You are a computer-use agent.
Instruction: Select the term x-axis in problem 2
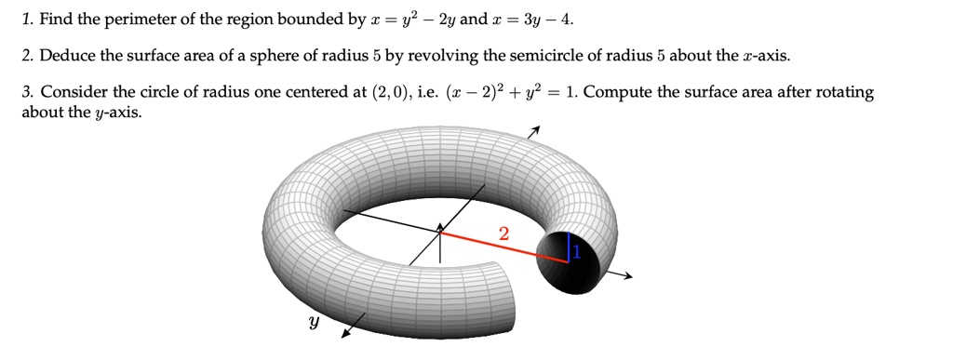[765, 56]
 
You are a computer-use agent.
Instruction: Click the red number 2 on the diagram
[503, 233]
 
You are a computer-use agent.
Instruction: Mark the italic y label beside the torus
[313, 323]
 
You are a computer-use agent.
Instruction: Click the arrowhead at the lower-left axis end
[345, 332]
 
